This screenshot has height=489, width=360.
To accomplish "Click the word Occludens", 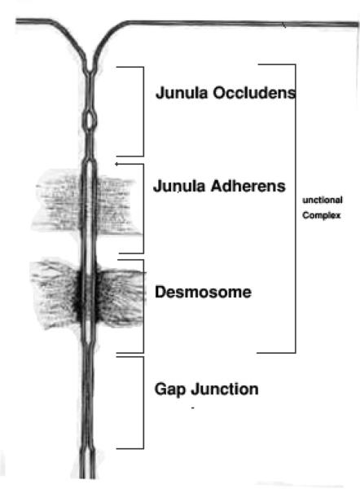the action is [x=254, y=93].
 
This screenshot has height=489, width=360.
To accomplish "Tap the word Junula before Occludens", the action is [x=182, y=93].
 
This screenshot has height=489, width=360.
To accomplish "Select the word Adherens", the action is [x=248, y=186].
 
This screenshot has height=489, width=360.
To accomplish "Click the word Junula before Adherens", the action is [x=179, y=186].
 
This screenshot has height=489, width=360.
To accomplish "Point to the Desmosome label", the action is [x=203, y=292].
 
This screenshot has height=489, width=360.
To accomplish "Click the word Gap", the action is [x=170, y=390].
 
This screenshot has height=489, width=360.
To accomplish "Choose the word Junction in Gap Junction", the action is [x=225, y=389].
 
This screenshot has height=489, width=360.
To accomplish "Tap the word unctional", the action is [x=323, y=200].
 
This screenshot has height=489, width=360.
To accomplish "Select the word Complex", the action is [x=322, y=215].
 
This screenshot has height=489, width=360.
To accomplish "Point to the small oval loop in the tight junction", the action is [x=90, y=120].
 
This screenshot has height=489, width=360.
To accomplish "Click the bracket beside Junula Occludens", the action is [x=143, y=112].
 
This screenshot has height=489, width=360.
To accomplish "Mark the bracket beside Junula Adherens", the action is [x=143, y=209].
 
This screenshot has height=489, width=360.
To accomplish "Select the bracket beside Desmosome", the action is [x=143, y=306].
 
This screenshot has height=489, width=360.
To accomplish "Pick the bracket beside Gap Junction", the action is [x=143, y=403].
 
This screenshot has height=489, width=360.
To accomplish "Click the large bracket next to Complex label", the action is [x=295, y=209].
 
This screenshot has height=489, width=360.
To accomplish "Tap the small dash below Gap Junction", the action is [x=193, y=408].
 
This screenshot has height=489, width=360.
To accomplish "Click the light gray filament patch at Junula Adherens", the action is [x=86, y=201].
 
